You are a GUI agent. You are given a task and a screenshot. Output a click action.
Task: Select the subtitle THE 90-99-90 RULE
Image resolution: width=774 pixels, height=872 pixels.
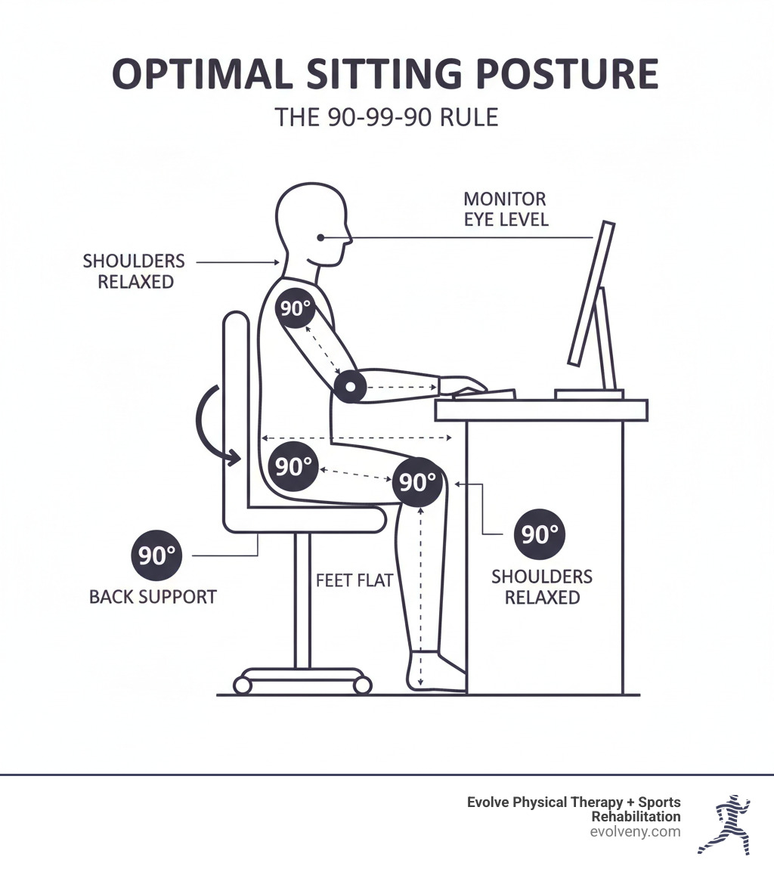[386, 117]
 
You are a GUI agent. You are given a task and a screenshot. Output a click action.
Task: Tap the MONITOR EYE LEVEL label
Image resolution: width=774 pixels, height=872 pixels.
[506, 209]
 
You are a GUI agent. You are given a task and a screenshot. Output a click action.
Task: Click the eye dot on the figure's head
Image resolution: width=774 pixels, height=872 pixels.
[320, 237]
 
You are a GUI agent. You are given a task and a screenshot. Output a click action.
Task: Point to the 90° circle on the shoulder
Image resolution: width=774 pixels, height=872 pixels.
[295, 308]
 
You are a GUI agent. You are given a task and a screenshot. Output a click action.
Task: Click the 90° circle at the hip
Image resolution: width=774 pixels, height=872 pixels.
[293, 466]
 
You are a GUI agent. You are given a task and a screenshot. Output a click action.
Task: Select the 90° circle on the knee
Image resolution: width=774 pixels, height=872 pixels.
[417, 481]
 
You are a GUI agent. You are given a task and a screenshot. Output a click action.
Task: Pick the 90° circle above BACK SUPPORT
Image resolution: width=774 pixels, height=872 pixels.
[156, 555]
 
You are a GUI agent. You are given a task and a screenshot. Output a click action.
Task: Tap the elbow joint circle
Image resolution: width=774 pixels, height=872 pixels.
[350, 386]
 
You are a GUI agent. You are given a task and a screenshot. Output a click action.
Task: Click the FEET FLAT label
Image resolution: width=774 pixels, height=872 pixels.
[354, 580]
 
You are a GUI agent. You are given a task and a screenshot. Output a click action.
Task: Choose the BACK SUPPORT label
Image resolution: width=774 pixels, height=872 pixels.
[153, 597]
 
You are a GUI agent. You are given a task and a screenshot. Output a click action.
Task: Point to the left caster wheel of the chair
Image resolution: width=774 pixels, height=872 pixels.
[243, 685]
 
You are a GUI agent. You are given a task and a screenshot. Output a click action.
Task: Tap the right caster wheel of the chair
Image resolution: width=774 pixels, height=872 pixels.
[363, 685]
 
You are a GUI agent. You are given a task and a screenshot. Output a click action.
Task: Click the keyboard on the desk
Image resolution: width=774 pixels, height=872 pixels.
[484, 394]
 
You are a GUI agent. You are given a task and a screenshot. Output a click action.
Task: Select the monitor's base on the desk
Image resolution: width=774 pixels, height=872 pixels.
[589, 394]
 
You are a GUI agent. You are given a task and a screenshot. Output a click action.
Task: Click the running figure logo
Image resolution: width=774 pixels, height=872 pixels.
[724, 824]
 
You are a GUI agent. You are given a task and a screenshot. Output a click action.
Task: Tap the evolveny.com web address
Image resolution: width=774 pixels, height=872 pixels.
[635, 832]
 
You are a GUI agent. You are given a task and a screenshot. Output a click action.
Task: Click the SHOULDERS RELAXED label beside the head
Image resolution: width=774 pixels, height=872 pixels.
[134, 271]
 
